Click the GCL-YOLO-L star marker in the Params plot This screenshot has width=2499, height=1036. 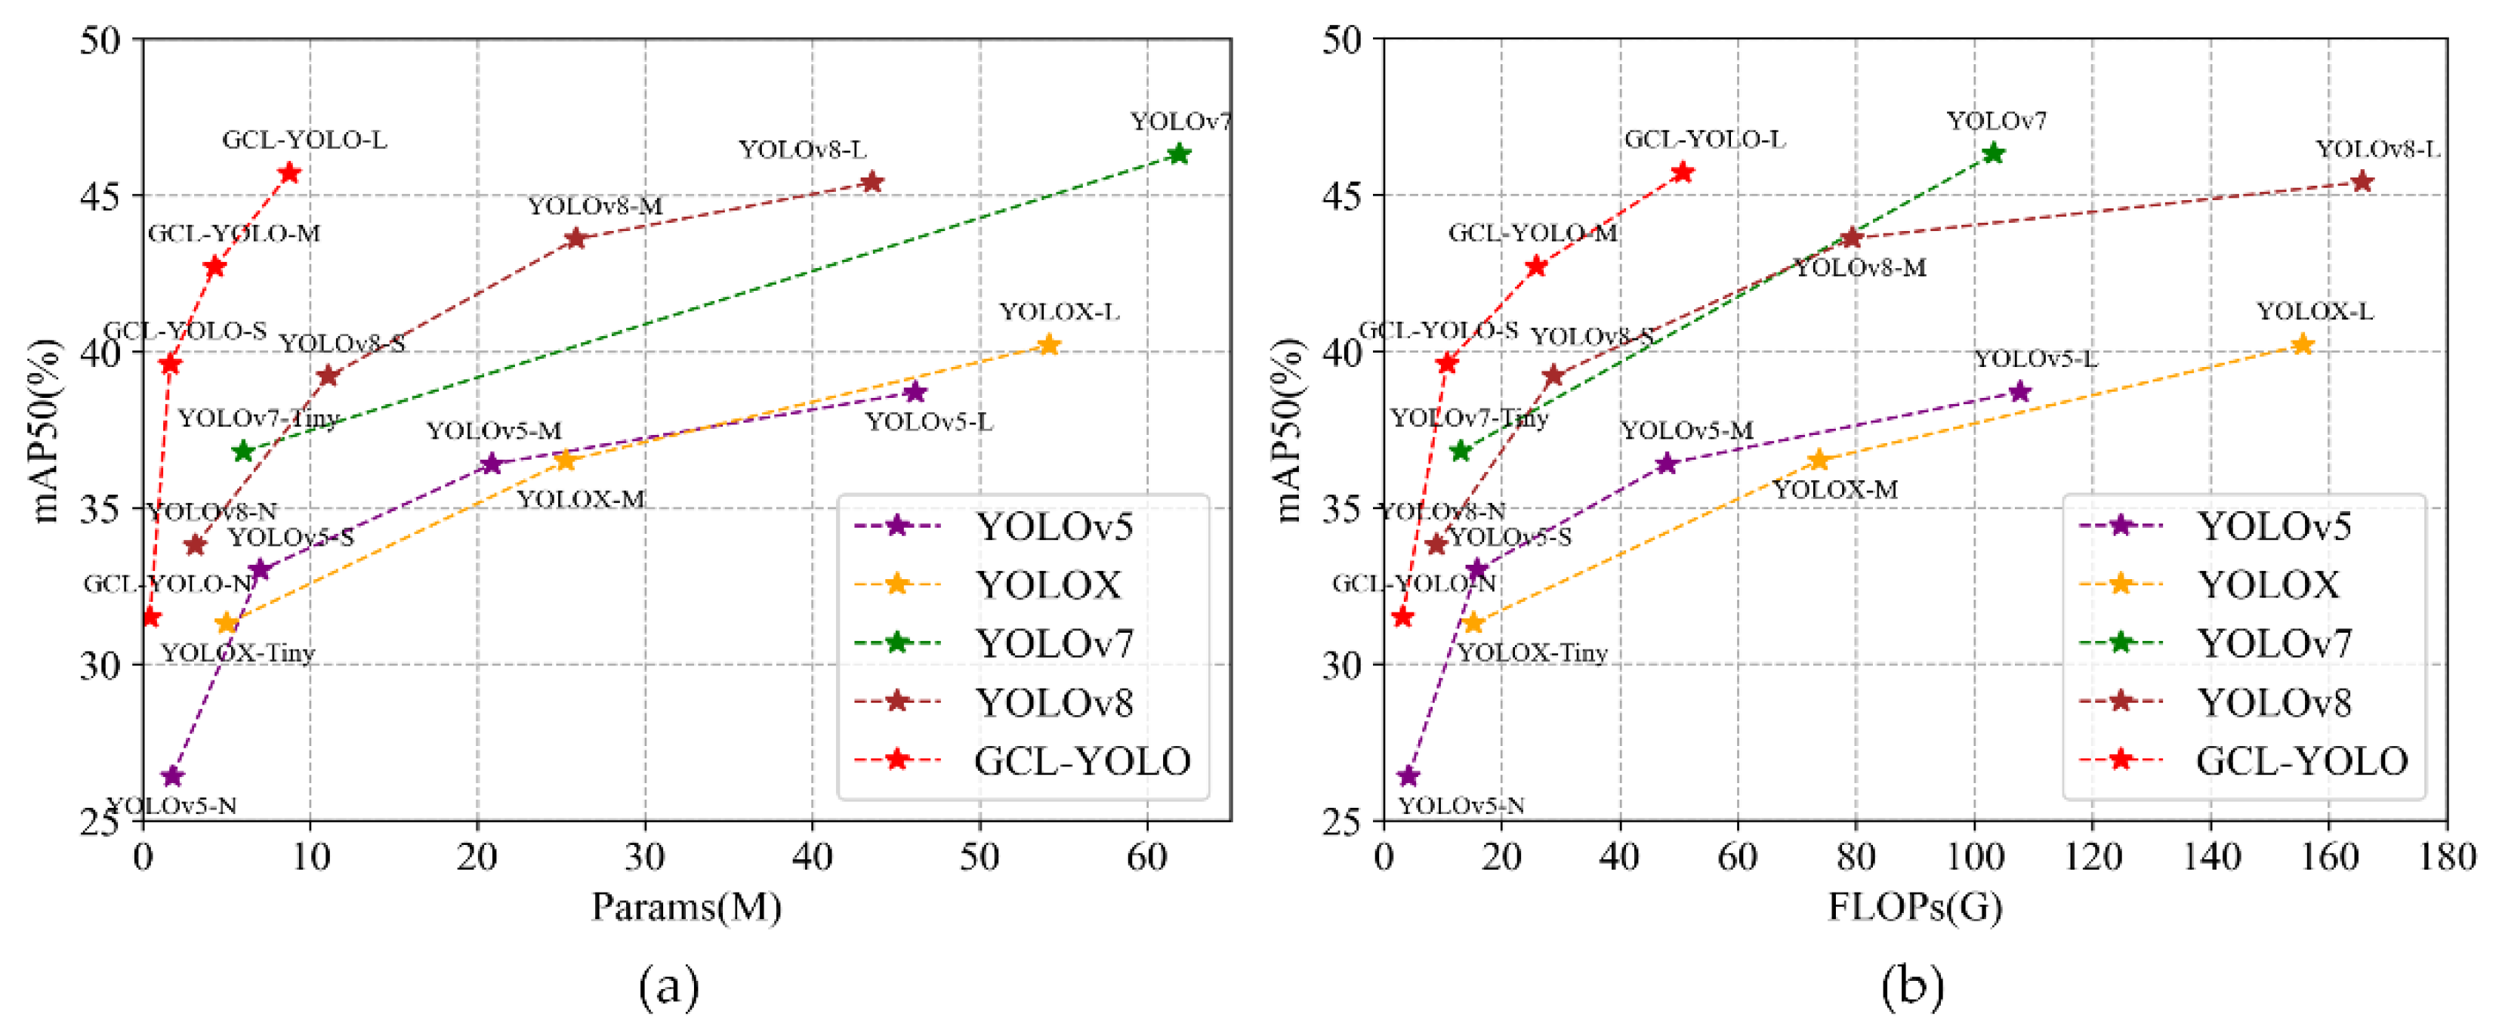tap(289, 173)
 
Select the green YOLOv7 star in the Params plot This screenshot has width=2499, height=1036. tap(1179, 153)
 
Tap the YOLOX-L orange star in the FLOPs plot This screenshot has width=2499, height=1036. tap(2302, 344)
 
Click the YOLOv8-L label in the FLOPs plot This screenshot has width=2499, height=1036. tap(2377, 150)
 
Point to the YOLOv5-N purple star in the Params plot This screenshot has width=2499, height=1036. tap(173, 776)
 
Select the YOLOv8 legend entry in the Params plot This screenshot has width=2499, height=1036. tap(1053, 702)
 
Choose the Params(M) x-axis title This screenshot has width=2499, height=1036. tap(686, 907)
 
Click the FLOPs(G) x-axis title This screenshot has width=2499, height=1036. tap(1915, 907)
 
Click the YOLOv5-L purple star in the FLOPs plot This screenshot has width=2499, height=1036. tap(2019, 391)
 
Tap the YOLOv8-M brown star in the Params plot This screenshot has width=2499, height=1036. tap(575, 238)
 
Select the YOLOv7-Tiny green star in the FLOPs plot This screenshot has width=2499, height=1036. tap(1461, 450)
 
